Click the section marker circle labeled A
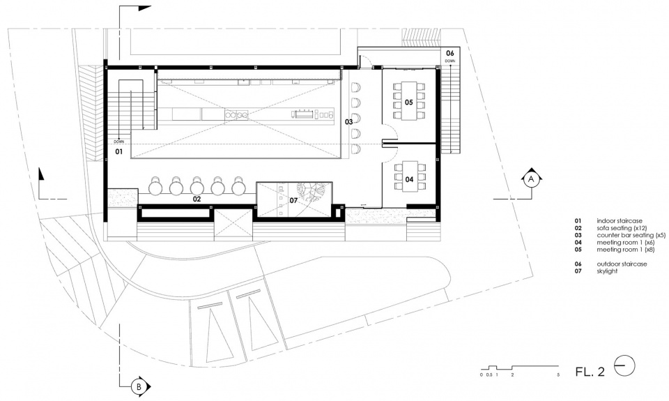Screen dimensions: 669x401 531,180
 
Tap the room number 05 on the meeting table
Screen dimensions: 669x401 409,102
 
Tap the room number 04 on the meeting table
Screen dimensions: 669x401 409,179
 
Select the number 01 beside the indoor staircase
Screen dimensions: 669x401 118,151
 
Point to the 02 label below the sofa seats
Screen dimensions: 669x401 197,199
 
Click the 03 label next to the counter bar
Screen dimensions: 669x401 349,122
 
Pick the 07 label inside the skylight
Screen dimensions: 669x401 293,200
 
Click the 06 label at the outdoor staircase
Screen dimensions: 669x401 449,54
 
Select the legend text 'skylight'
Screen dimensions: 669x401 607,271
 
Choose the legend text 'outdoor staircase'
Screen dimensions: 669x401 622,264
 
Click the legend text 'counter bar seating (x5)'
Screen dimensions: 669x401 631,235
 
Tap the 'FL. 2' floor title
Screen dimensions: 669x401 590,372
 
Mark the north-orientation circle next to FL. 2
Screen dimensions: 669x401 624,366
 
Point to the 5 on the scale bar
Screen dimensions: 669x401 558,375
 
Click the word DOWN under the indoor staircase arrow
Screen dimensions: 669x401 119,142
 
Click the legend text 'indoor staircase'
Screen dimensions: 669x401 620,221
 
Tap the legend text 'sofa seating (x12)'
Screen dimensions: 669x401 622,229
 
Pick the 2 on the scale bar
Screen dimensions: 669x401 512,375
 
